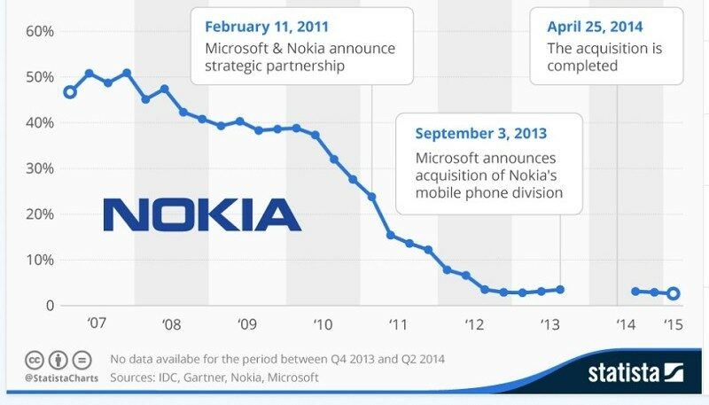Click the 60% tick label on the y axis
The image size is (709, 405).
click(x=41, y=31)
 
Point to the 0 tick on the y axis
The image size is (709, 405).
click(x=50, y=306)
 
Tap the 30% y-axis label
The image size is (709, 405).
click(x=41, y=168)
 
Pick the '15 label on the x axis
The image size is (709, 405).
click(x=673, y=324)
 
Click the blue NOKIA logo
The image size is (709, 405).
click(x=202, y=214)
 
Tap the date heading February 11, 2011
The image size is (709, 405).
click(x=268, y=27)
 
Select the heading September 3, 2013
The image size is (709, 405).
click(x=481, y=134)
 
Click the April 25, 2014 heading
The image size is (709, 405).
click(x=596, y=27)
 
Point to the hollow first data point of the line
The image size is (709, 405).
click(x=70, y=92)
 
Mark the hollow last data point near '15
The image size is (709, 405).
click(x=674, y=294)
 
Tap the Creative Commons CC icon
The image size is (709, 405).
click(x=35, y=361)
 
